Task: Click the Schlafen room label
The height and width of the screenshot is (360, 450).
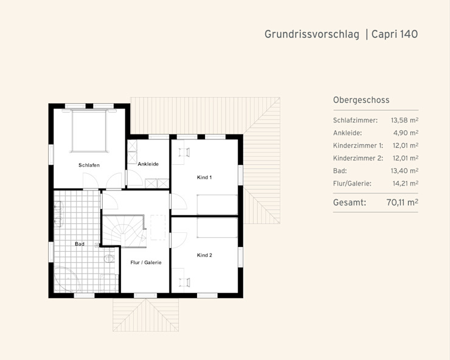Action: (89, 165)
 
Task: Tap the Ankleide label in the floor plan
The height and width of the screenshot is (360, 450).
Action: (148, 164)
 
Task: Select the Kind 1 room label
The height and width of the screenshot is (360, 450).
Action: (204, 178)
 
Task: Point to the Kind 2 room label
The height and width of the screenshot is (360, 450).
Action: (204, 255)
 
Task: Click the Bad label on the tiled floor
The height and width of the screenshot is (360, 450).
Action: (80, 244)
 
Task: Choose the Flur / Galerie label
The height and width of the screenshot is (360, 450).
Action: (146, 262)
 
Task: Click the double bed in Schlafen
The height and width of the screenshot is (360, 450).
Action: (89, 131)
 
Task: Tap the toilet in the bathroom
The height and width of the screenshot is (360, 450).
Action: (109, 258)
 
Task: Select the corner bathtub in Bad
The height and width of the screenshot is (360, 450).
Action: (66, 280)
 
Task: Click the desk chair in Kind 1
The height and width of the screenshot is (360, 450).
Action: (184, 152)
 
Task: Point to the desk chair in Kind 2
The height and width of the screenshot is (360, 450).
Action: (184, 282)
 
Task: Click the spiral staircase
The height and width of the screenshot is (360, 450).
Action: (124, 231)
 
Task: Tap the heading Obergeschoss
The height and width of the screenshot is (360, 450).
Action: (361, 100)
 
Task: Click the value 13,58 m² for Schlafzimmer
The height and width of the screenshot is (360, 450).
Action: (404, 120)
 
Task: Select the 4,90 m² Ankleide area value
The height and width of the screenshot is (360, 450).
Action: (406, 133)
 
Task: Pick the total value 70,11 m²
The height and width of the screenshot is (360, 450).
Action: (402, 202)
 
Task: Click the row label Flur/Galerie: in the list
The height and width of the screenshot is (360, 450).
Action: (352, 184)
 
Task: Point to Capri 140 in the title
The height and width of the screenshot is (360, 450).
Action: (395, 34)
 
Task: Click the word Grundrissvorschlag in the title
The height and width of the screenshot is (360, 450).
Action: (312, 35)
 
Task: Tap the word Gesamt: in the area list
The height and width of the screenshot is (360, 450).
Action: (350, 202)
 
